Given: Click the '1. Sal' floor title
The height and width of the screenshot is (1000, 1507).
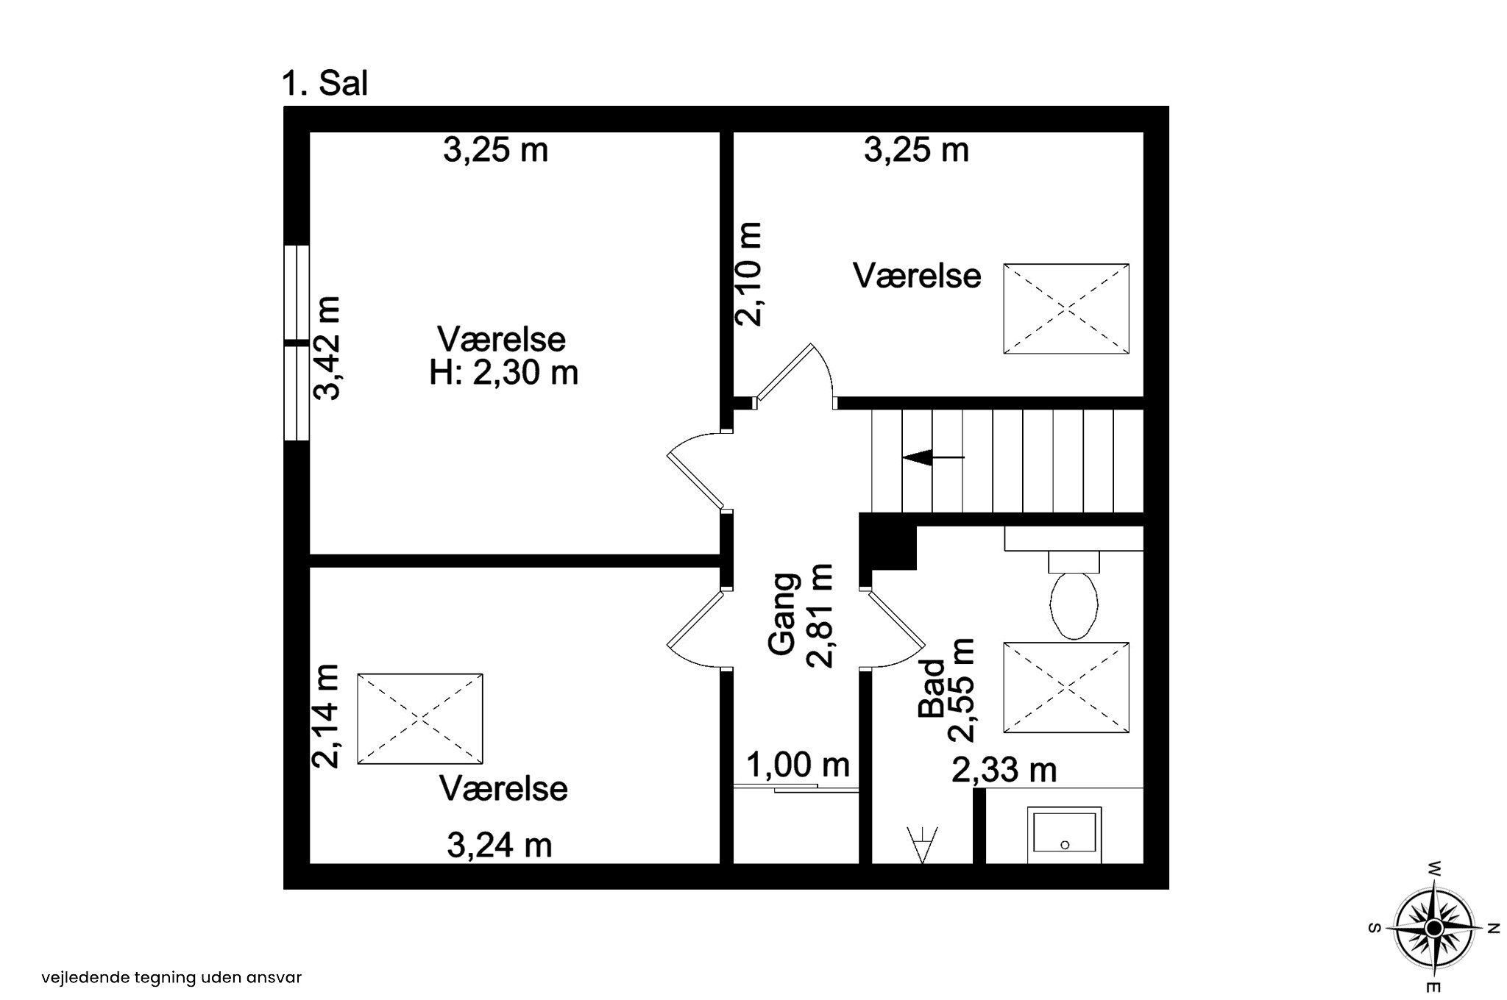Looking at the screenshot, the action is coord(325,84).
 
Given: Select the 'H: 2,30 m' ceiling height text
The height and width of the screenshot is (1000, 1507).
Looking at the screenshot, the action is coord(503,373).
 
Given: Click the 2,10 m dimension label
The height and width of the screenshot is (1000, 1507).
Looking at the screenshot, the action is coord(748,274).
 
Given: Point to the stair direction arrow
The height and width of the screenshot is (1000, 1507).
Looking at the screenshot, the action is coord(933,457).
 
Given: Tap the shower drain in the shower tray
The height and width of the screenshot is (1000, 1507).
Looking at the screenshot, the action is coord(1065,846).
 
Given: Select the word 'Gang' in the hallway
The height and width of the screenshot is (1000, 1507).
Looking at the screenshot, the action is coord(782,614).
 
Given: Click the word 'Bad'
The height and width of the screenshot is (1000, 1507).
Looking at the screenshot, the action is coord(932,688).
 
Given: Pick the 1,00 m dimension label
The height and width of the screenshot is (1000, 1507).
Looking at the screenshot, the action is coord(798,765).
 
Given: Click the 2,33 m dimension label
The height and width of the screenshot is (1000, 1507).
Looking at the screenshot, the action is coord(1004,770).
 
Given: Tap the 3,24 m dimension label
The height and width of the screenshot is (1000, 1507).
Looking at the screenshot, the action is coord(500,845).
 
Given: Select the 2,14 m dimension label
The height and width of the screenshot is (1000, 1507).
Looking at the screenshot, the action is coord(325,716).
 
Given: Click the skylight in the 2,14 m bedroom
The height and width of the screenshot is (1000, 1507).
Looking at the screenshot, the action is coord(420,718).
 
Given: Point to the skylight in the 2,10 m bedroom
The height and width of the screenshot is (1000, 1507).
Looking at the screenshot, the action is coord(1066,309).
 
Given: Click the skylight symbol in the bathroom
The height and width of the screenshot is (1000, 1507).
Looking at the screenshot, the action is coord(1066,687).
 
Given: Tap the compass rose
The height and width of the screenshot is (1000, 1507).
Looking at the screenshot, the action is coord(1433,928).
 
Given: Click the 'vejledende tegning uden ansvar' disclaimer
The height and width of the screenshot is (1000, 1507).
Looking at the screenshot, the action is coord(171,978).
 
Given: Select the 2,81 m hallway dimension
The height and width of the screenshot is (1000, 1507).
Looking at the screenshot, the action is coord(820,615).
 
